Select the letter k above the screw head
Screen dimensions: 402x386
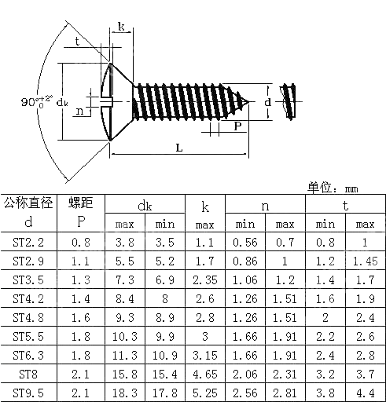[x=121, y=27]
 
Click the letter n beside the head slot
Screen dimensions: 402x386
[x=79, y=111]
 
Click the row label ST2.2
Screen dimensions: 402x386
[x=28, y=243]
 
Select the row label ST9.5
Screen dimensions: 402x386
[x=28, y=390]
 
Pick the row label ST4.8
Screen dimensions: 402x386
[x=28, y=317]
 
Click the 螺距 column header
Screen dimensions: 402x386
[x=81, y=203]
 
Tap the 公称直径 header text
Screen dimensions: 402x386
[x=28, y=203]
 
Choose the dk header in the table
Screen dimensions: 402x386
[x=145, y=206]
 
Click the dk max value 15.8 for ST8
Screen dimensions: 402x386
[x=125, y=372]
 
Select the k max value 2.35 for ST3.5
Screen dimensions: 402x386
[x=204, y=280]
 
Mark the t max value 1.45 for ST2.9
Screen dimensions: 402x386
[x=365, y=262]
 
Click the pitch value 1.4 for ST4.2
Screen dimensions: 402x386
[x=81, y=299]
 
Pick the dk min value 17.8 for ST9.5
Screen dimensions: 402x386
[x=164, y=390]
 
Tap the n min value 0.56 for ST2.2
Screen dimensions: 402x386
[x=245, y=243]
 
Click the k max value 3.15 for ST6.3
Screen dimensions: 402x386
[x=204, y=354]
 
